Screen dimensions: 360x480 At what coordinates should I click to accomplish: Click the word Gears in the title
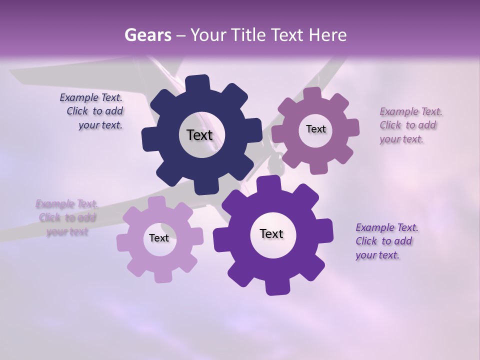(x=147, y=35)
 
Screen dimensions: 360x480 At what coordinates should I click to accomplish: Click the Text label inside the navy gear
(x=199, y=135)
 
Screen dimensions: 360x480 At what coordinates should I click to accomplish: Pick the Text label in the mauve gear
(x=315, y=129)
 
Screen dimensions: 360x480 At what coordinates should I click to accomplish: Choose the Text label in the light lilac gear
(x=159, y=238)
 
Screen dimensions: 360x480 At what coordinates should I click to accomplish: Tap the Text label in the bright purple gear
(x=271, y=233)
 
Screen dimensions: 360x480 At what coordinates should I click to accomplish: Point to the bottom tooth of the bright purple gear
(x=276, y=287)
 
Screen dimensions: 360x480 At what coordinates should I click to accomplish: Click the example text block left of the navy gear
(x=92, y=111)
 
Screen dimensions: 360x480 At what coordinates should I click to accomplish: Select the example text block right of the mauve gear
(x=409, y=125)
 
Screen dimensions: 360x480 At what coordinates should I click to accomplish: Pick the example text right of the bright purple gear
(x=385, y=241)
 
